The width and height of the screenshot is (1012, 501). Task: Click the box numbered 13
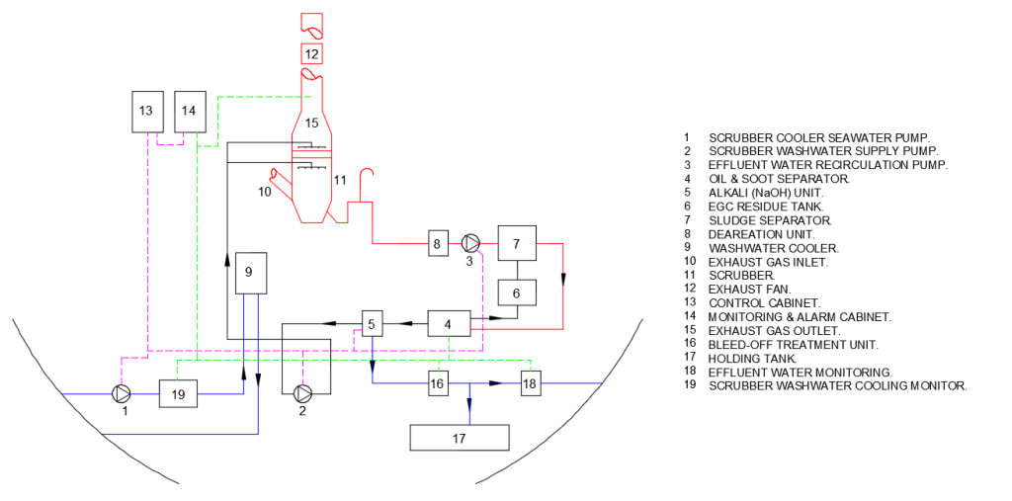(146, 111)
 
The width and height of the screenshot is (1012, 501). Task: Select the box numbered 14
(190, 111)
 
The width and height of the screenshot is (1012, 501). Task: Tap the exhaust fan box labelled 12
(311, 52)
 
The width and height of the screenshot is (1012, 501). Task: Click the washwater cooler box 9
(250, 272)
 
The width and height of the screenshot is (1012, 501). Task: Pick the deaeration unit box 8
(439, 243)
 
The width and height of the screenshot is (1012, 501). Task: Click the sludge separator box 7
(516, 243)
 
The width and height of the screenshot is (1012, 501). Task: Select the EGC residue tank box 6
(516, 292)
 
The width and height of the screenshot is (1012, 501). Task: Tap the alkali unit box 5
(372, 323)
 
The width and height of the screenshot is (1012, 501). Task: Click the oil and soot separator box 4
(448, 323)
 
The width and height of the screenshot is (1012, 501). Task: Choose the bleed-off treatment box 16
(439, 383)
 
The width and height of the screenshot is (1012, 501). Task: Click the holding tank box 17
(460, 437)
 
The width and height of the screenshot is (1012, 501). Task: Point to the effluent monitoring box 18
(531, 383)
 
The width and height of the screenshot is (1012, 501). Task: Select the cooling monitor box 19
(178, 394)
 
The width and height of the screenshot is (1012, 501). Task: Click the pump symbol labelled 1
(121, 394)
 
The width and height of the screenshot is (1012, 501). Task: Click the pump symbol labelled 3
(470, 243)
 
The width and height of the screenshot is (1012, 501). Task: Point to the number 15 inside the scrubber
(311, 124)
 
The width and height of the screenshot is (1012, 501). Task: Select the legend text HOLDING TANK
(752, 358)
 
